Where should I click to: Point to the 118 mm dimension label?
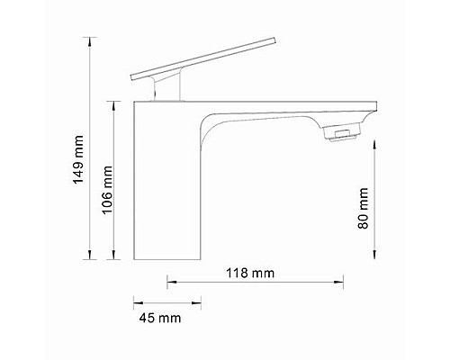point(251,272)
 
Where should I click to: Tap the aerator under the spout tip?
point(343,135)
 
